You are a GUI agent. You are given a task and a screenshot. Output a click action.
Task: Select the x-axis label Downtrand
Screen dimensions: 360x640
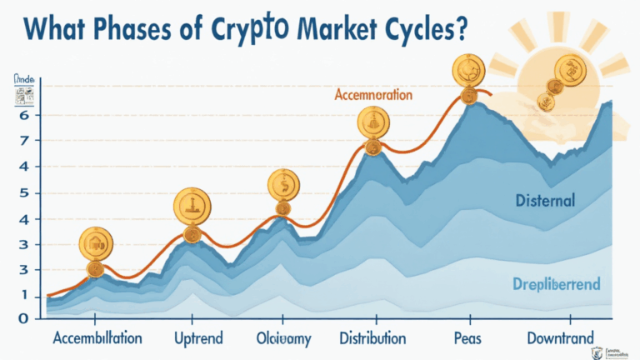[560, 338]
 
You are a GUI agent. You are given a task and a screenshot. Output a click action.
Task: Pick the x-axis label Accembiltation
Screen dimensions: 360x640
[97, 338]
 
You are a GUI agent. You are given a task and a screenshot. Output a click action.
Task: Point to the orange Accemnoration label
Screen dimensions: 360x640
[373, 95]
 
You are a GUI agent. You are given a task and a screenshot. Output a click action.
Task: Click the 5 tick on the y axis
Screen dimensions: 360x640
[25, 193]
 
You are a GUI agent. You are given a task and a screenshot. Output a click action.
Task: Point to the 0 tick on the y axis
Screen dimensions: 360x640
[25, 317]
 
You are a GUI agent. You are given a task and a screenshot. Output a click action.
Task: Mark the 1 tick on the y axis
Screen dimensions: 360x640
[25, 296]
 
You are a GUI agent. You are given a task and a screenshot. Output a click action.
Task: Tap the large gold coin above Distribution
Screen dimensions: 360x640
[373, 124]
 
